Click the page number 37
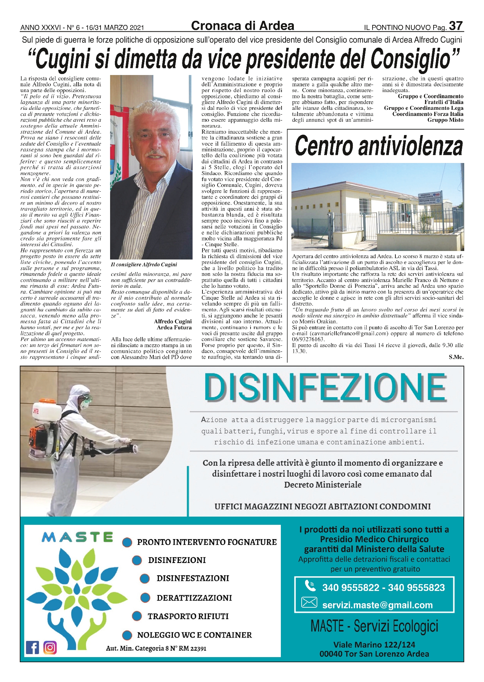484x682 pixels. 456,26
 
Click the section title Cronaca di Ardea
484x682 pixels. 242,26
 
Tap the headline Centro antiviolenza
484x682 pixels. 378,146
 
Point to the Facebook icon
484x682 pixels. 32,647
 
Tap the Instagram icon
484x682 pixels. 50,647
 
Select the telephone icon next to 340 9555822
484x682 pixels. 310,586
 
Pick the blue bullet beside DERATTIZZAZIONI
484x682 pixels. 145,597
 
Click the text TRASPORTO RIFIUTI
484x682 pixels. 188,616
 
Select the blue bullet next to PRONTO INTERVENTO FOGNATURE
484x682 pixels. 127,542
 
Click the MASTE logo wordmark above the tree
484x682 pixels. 77,537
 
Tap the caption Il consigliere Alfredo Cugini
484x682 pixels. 144,265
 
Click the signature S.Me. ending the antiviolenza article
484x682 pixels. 456,357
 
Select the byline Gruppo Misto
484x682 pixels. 445,120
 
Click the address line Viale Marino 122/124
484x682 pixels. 374,644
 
